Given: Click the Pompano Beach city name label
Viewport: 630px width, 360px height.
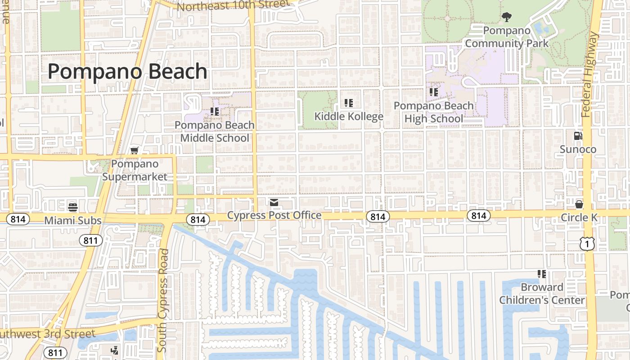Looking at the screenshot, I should click(127, 72).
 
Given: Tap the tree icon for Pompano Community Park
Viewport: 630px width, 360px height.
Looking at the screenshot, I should click(507, 18).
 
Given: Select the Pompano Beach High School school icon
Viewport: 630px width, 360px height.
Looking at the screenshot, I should click(433, 92).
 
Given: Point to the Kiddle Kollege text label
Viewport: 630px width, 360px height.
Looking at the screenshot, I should click(349, 117).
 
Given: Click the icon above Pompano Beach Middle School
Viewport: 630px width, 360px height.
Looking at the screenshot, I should click(215, 111).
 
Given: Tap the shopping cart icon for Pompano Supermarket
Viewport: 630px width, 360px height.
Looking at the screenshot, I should click(134, 151).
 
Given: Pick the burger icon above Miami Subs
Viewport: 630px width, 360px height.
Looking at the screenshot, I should click(73, 207).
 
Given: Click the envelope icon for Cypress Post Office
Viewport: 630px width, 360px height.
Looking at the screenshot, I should click(274, 202).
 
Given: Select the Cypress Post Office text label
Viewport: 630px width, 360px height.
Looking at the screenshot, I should click(274, 215).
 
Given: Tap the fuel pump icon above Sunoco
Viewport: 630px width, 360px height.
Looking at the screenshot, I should click(578, 135).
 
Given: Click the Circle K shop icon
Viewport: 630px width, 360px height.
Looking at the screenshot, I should click(579, 204).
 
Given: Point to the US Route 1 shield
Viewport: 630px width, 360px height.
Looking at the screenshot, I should click(588, 244).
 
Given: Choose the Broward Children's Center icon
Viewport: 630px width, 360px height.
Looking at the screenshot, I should click(542, 274).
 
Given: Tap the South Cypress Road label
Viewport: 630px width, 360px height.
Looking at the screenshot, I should click(163, 301).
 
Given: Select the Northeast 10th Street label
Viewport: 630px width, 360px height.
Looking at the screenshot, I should click(233, 6).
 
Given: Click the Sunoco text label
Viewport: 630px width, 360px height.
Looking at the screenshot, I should click(578, 149).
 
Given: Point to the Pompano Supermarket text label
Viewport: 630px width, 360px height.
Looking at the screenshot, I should click(135, 170).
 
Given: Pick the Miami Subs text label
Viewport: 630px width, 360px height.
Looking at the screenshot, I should click(73, 220).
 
